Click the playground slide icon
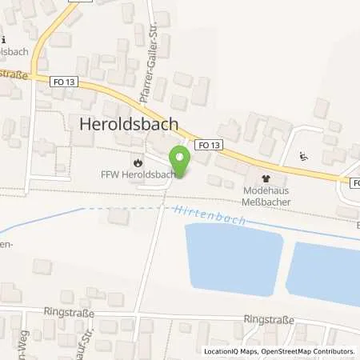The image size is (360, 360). tap(302, 156)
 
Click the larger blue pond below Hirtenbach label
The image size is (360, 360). tap(231, 259)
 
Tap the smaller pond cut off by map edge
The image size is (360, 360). tap(323, 272)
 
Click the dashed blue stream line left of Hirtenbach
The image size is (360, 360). tap(120, 210)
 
